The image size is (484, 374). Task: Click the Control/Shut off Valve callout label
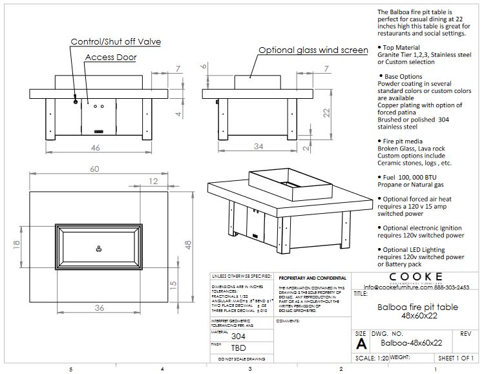click(x=116, y=42)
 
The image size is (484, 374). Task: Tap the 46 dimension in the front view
click(x=96, y=148)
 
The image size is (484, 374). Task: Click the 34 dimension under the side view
click(x=258, y=147)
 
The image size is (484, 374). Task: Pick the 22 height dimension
click(x=326, y=112)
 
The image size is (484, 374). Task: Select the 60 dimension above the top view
click(x=95, y=169)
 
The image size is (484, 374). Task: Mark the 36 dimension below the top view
click(x=99, y=307)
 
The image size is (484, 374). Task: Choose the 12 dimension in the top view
click(x=153, y=182)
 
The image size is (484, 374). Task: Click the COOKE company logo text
click(x=416, y=277)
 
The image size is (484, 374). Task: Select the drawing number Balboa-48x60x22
click(x=411, y=343)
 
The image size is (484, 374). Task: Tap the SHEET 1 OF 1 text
click(x=456, y=357)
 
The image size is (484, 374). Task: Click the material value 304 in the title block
click(x=238, y=335)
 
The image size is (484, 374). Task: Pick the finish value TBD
click(x=238, y=348)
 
